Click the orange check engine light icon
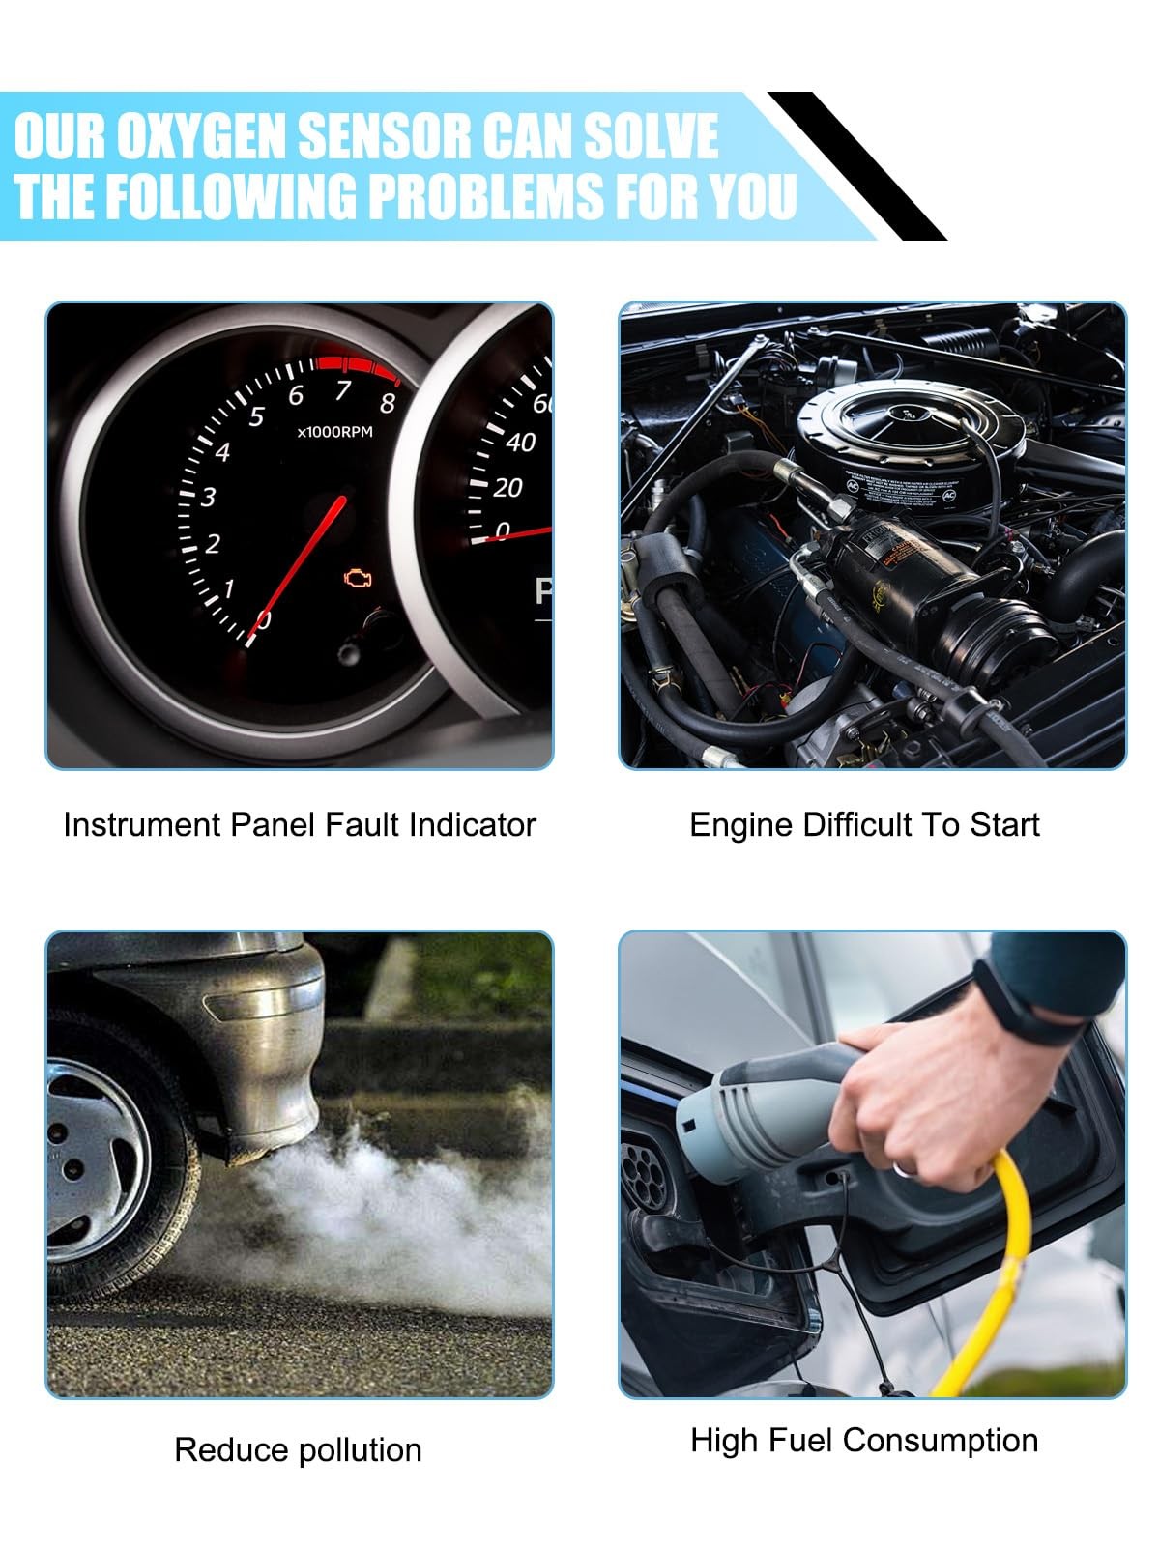[x=358, y=578]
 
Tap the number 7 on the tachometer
[x=343, y=389]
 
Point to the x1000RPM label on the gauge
[x=334, y=432]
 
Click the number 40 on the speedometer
[x=520, y=443]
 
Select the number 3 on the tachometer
[x=208, y=498]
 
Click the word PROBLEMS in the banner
[x=485, y=195]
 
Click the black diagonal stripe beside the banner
[x=856, y=165]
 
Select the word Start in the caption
[x=1004, y=825]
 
